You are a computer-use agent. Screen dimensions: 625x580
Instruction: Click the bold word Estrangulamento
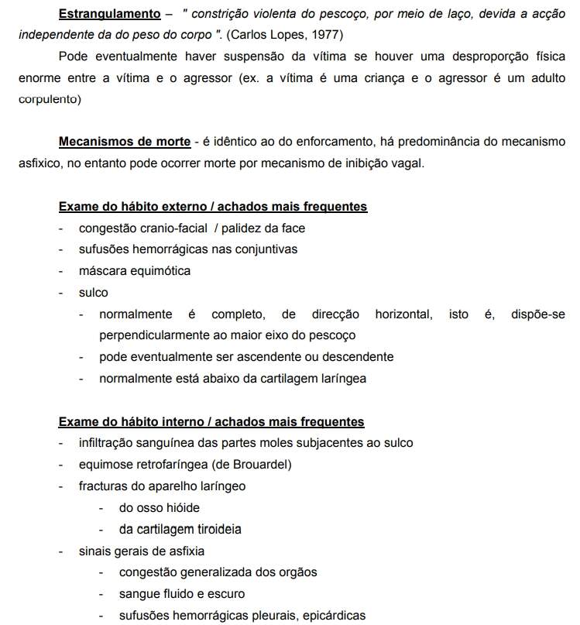[105, 15]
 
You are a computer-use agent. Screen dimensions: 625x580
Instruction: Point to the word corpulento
[50, 98]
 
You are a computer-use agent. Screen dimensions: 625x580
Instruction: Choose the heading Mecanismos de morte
[125, 142]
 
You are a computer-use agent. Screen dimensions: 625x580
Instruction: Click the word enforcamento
[354, 142]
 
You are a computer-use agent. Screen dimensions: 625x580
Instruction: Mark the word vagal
[407, 163]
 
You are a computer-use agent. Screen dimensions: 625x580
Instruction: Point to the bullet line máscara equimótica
[134, 271]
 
